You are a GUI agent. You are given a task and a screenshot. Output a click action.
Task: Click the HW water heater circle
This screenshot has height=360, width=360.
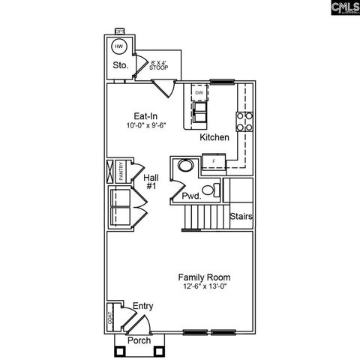click(118, 47)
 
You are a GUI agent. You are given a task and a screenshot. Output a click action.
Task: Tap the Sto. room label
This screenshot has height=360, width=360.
click(120, 66)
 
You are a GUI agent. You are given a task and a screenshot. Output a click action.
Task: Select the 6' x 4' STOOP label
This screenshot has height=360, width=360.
click(159, 65)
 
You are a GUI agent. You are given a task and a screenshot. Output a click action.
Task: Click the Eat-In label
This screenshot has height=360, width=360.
click(145, 116)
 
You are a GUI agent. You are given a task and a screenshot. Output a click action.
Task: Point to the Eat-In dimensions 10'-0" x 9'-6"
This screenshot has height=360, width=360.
click(145, 127)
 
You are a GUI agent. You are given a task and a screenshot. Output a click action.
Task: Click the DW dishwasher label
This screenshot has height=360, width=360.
click(199, 93)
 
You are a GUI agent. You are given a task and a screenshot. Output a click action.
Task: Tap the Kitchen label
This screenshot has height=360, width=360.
click(214, 138)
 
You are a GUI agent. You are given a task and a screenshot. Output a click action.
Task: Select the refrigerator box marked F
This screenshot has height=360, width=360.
click(213, 161)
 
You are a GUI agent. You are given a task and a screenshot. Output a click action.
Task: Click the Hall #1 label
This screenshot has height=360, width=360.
click(151, 181)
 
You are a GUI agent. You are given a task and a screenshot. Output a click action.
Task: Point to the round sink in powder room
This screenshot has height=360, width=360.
click(182, 166)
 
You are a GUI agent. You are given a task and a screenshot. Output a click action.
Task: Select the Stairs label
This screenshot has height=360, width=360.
click(241, 217)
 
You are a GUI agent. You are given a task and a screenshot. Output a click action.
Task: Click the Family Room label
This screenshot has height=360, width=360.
click(203, 276)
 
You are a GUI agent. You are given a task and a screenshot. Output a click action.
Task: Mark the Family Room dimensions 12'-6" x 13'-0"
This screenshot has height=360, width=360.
click(203, 286)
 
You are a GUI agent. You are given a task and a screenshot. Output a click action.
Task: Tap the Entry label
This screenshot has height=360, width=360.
click(142, 306)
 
